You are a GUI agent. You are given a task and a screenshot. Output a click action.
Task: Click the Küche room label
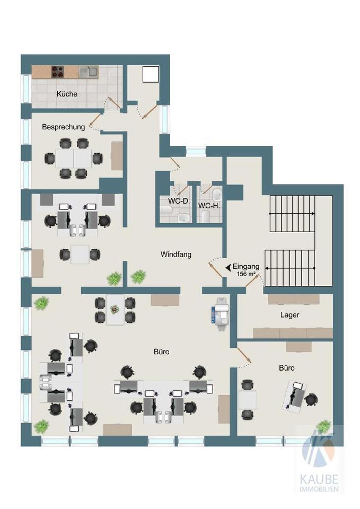tap(67, 94)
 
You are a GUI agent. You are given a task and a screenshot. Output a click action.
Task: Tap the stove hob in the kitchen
tap(57, 72)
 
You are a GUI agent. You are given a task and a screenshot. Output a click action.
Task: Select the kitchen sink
tap(89, 72)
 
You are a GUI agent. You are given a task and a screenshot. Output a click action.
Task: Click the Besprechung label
tap(63, 127)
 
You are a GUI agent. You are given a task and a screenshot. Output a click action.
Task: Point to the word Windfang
tap(176, 254)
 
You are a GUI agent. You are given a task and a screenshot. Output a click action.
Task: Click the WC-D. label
tap(179, 201)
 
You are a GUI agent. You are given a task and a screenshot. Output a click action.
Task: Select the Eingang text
tap(246, 267)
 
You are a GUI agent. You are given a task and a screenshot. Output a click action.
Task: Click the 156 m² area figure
tap(245, 274)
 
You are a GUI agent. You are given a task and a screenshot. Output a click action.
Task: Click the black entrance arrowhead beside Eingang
tap(228, 267)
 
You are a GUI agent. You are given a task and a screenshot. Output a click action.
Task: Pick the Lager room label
tap(289, 315)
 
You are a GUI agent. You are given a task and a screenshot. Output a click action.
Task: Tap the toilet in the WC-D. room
tap(165, 211)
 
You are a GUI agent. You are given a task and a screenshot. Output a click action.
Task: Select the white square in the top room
tap(151, 74)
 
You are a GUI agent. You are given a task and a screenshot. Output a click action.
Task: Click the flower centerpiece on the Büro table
tap(115, 309)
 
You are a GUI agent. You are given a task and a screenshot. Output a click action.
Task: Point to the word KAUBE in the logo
tap(319, 479)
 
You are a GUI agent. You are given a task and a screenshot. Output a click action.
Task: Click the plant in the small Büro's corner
tap(323, 426)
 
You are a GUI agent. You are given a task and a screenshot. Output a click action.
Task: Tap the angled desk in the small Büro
tap(295, 397)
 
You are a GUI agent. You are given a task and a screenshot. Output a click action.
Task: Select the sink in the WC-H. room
tap(217, 195)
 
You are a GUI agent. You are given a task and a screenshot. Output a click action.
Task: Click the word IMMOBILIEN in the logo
tap(319, 489)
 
